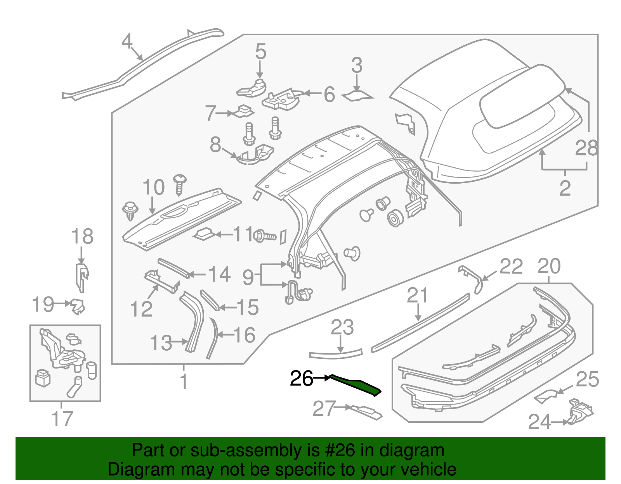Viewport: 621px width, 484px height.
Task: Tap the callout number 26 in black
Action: [301, 379]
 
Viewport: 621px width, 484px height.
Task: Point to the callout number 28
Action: [586, 148]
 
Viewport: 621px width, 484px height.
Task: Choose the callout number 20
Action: [549, 267]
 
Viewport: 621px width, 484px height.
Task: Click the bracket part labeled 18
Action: [82, 277]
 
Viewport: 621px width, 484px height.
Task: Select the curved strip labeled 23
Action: [336, 354]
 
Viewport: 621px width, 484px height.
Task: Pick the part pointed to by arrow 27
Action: [367, 412]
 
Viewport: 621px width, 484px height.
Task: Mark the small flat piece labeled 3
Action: [357, 96]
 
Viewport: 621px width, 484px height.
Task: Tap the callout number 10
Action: [154, 188]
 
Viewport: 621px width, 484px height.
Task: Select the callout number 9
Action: [248, 277]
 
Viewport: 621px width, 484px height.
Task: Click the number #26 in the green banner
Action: [338, 450]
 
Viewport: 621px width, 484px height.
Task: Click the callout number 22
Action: [511, 267]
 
